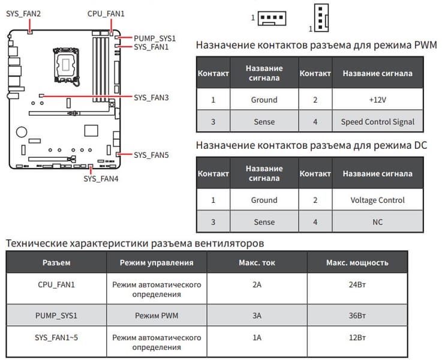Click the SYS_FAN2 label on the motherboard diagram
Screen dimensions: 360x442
23,13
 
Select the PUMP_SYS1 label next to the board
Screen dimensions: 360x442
154,37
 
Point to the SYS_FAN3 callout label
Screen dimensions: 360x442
151,97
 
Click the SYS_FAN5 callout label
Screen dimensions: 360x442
151,155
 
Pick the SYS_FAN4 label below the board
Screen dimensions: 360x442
101,178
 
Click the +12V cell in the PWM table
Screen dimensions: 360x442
377,100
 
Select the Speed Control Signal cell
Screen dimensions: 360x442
377,122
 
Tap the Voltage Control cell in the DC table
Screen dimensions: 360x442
377,200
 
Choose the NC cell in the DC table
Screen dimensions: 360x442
377,222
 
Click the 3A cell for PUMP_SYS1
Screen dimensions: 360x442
257,315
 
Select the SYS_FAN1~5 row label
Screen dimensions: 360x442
56,337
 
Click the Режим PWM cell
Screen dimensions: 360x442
156,315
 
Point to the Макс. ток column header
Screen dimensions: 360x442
257,262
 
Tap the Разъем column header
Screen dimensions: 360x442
56,262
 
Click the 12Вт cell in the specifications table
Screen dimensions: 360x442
357,337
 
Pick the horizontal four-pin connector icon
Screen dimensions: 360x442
272,18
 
